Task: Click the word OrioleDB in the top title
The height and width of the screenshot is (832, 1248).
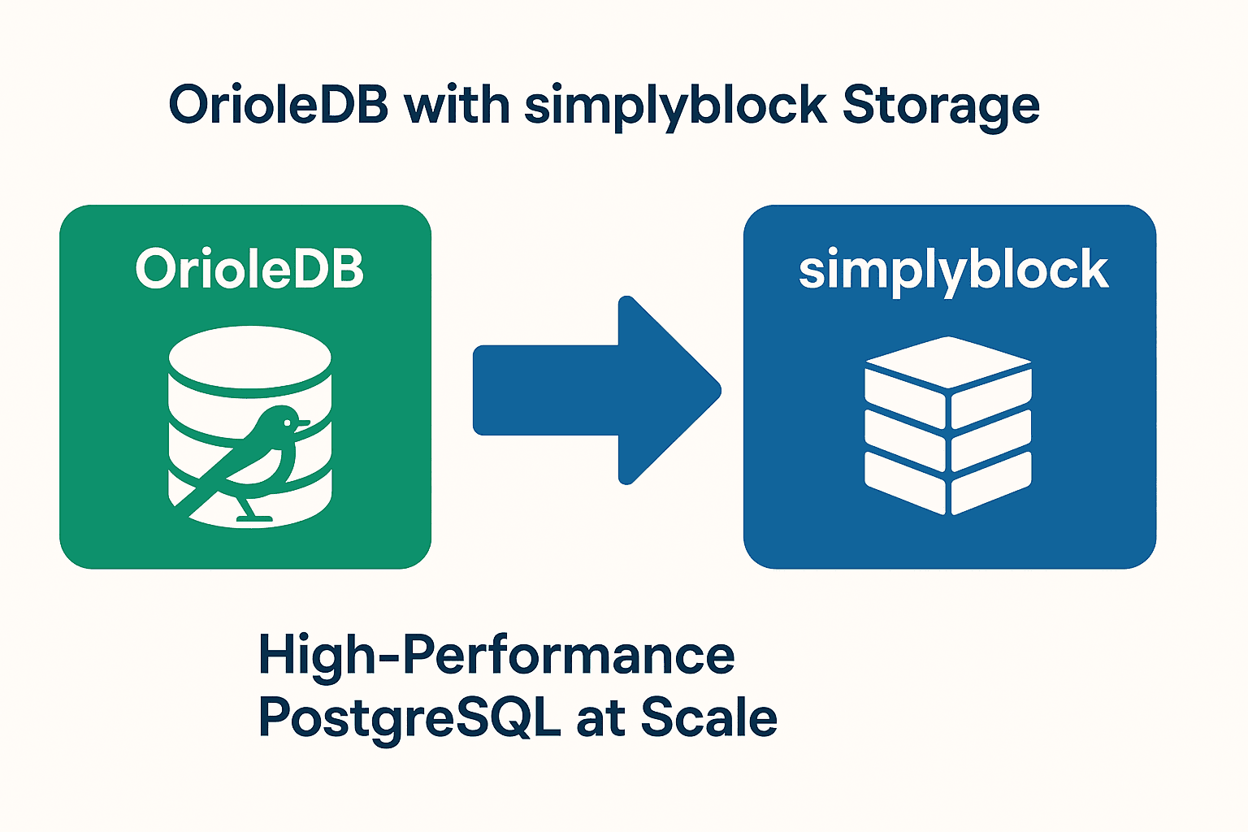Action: point(277,105)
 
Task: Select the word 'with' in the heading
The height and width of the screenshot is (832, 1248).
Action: point(457,105)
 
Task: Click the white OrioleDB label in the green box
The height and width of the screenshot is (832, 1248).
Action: point(249,269)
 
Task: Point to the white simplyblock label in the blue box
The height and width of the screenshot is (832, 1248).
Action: point(953,271)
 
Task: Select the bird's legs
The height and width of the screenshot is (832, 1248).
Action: point(246,507)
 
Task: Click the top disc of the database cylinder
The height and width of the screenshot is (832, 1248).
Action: point(250,357)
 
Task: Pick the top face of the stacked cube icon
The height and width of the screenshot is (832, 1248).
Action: point(948,362)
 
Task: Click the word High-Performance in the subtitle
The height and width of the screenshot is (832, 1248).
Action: point(496,654)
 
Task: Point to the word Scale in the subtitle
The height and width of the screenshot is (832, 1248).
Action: point(708,717)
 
